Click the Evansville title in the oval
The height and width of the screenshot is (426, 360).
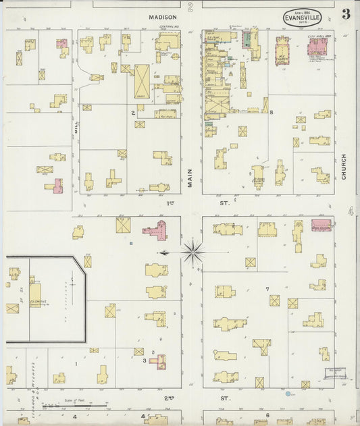[303, 18]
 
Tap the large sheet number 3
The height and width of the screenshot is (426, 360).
[345, 14]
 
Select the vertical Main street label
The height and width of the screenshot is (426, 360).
[190, 177]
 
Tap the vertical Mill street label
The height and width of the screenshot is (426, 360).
[78, 121]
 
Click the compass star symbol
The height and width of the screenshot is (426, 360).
[192, 252]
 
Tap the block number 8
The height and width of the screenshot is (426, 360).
[271, 113]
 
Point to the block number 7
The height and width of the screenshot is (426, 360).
[267, 289]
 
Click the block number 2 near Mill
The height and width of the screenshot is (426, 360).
[132, 113]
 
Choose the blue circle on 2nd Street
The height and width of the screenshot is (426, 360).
[288, 393]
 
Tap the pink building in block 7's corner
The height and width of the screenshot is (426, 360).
[321, 225]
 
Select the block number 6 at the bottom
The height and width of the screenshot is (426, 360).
[267, 415]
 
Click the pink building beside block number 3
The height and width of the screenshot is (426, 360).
[160, 362]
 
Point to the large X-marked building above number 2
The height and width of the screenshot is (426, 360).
[143, 82]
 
